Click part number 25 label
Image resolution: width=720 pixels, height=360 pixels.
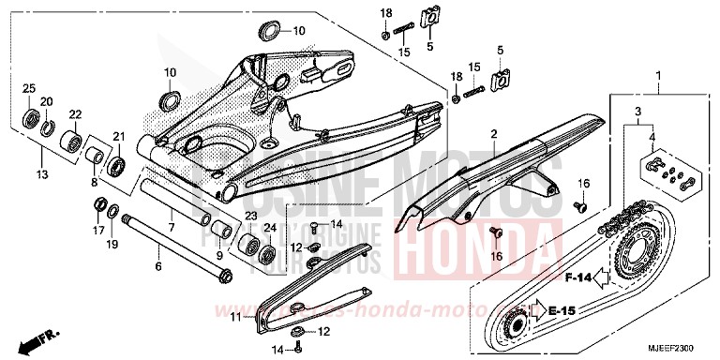[x=29, y=88]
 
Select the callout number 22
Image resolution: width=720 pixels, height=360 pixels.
[x=75, y=114]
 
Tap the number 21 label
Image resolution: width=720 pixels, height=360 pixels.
[x=119, y=137]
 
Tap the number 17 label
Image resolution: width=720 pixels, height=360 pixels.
[x=97, y=228]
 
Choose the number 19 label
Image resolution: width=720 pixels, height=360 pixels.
[x=112, y=244]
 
